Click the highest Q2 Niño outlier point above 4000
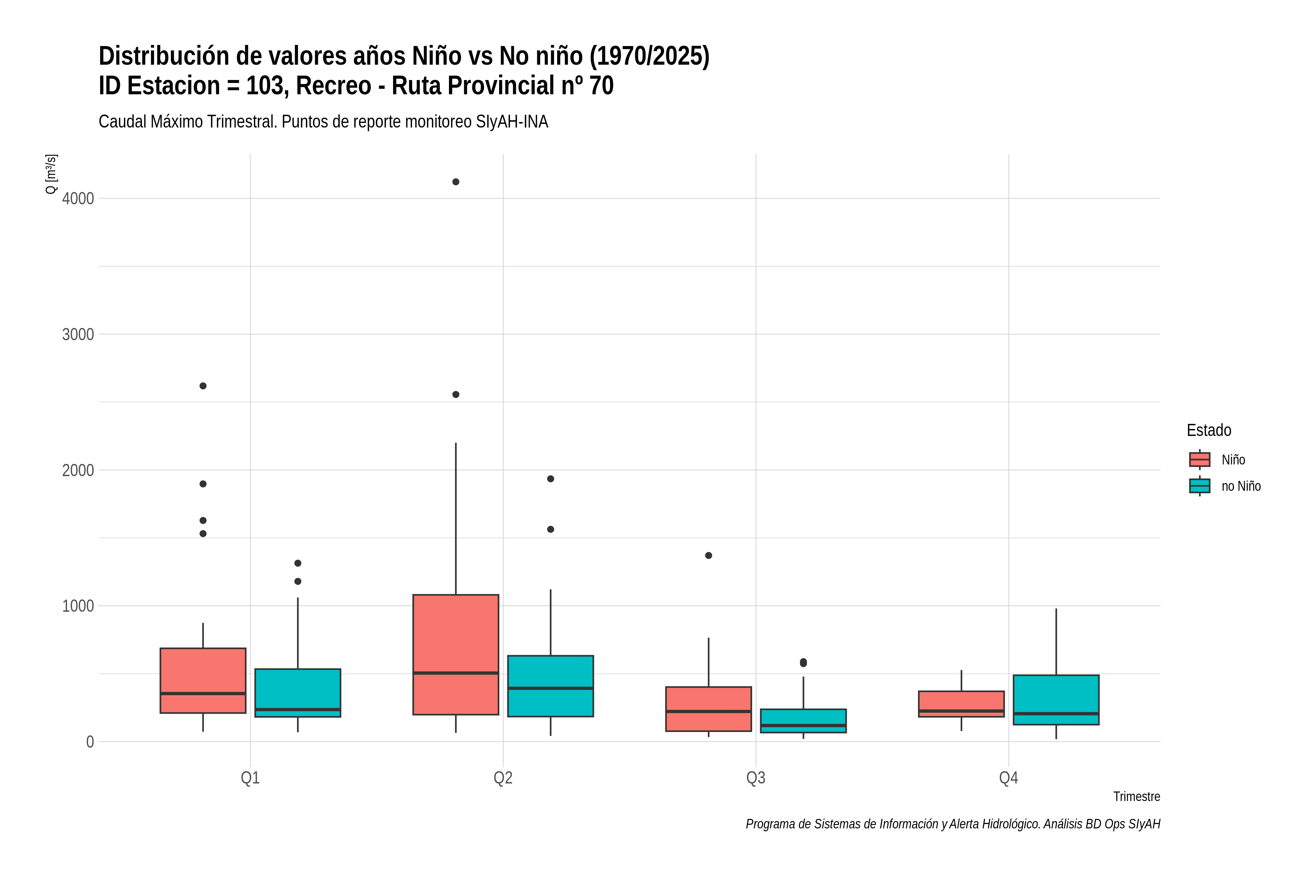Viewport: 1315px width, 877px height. tap(456, 182)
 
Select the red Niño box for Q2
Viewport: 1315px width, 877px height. tap(456, 654)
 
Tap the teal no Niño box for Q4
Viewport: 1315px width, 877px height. tap(1056, 700)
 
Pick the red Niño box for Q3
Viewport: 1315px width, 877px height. tap(708, 709)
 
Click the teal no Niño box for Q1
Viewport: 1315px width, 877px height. tap(297, 692)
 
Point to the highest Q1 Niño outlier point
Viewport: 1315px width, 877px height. tap(203, 386)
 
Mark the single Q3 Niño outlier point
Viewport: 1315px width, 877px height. tap(708, 555)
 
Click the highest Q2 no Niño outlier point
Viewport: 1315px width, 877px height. tap(550, 479)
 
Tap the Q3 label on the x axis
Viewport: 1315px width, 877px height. tap(756, 778)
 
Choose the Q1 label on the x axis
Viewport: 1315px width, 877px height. tap(250, 778)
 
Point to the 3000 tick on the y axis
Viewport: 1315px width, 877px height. tap(78, 334)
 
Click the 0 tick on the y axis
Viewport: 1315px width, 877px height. tap(90, 742)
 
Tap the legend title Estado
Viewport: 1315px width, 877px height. tap(1209, 430)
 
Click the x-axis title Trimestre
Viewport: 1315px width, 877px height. tap(1137, 797)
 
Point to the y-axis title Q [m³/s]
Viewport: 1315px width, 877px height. tap(51, 174)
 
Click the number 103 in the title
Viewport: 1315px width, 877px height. tap(267, 86)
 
